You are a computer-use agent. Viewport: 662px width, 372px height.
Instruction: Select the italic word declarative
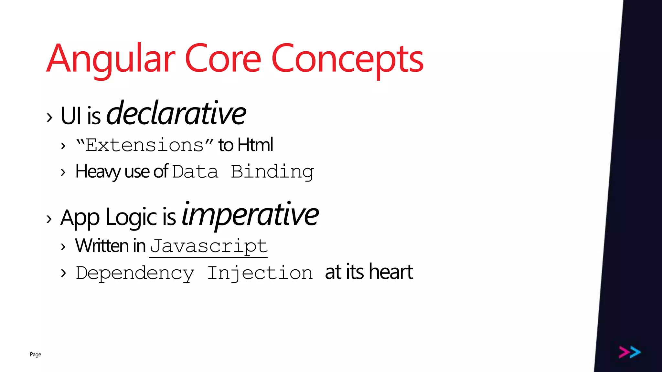tap(176, 113)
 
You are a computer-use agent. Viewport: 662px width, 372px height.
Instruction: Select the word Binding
tap(272, 172)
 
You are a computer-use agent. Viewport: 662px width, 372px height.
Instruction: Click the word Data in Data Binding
tap(195, 172)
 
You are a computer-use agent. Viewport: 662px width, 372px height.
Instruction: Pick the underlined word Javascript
tap(208, 246)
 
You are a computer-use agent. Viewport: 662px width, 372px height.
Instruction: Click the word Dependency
tap(135, 274)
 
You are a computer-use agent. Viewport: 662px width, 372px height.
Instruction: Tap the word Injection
tap(260, 273)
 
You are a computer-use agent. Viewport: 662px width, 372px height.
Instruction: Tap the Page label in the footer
tap(36, 354)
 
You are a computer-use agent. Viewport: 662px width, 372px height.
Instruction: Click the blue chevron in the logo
tap(635, 352)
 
